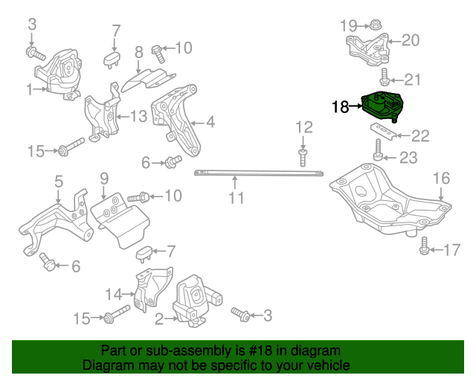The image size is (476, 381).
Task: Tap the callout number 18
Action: pos(340,107)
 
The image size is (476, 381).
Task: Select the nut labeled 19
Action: pos(376,26)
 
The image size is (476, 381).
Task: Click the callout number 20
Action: pos(411,40)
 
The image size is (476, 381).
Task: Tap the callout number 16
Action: pos(441,178)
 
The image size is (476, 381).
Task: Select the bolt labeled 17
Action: pos(424,247)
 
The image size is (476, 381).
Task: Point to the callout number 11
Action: pos(236,198)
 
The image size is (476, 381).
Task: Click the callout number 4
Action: pos(210,121)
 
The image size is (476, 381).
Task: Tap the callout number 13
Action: pos(138,116)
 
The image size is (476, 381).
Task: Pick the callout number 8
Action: pos(138,53)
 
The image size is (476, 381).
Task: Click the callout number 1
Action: pos(29,90)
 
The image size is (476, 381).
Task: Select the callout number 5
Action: pos(57,180)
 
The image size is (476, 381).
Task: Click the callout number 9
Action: pos(104,179)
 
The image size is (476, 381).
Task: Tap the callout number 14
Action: pos(112,292)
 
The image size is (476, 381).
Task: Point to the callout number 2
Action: pos(158,320)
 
